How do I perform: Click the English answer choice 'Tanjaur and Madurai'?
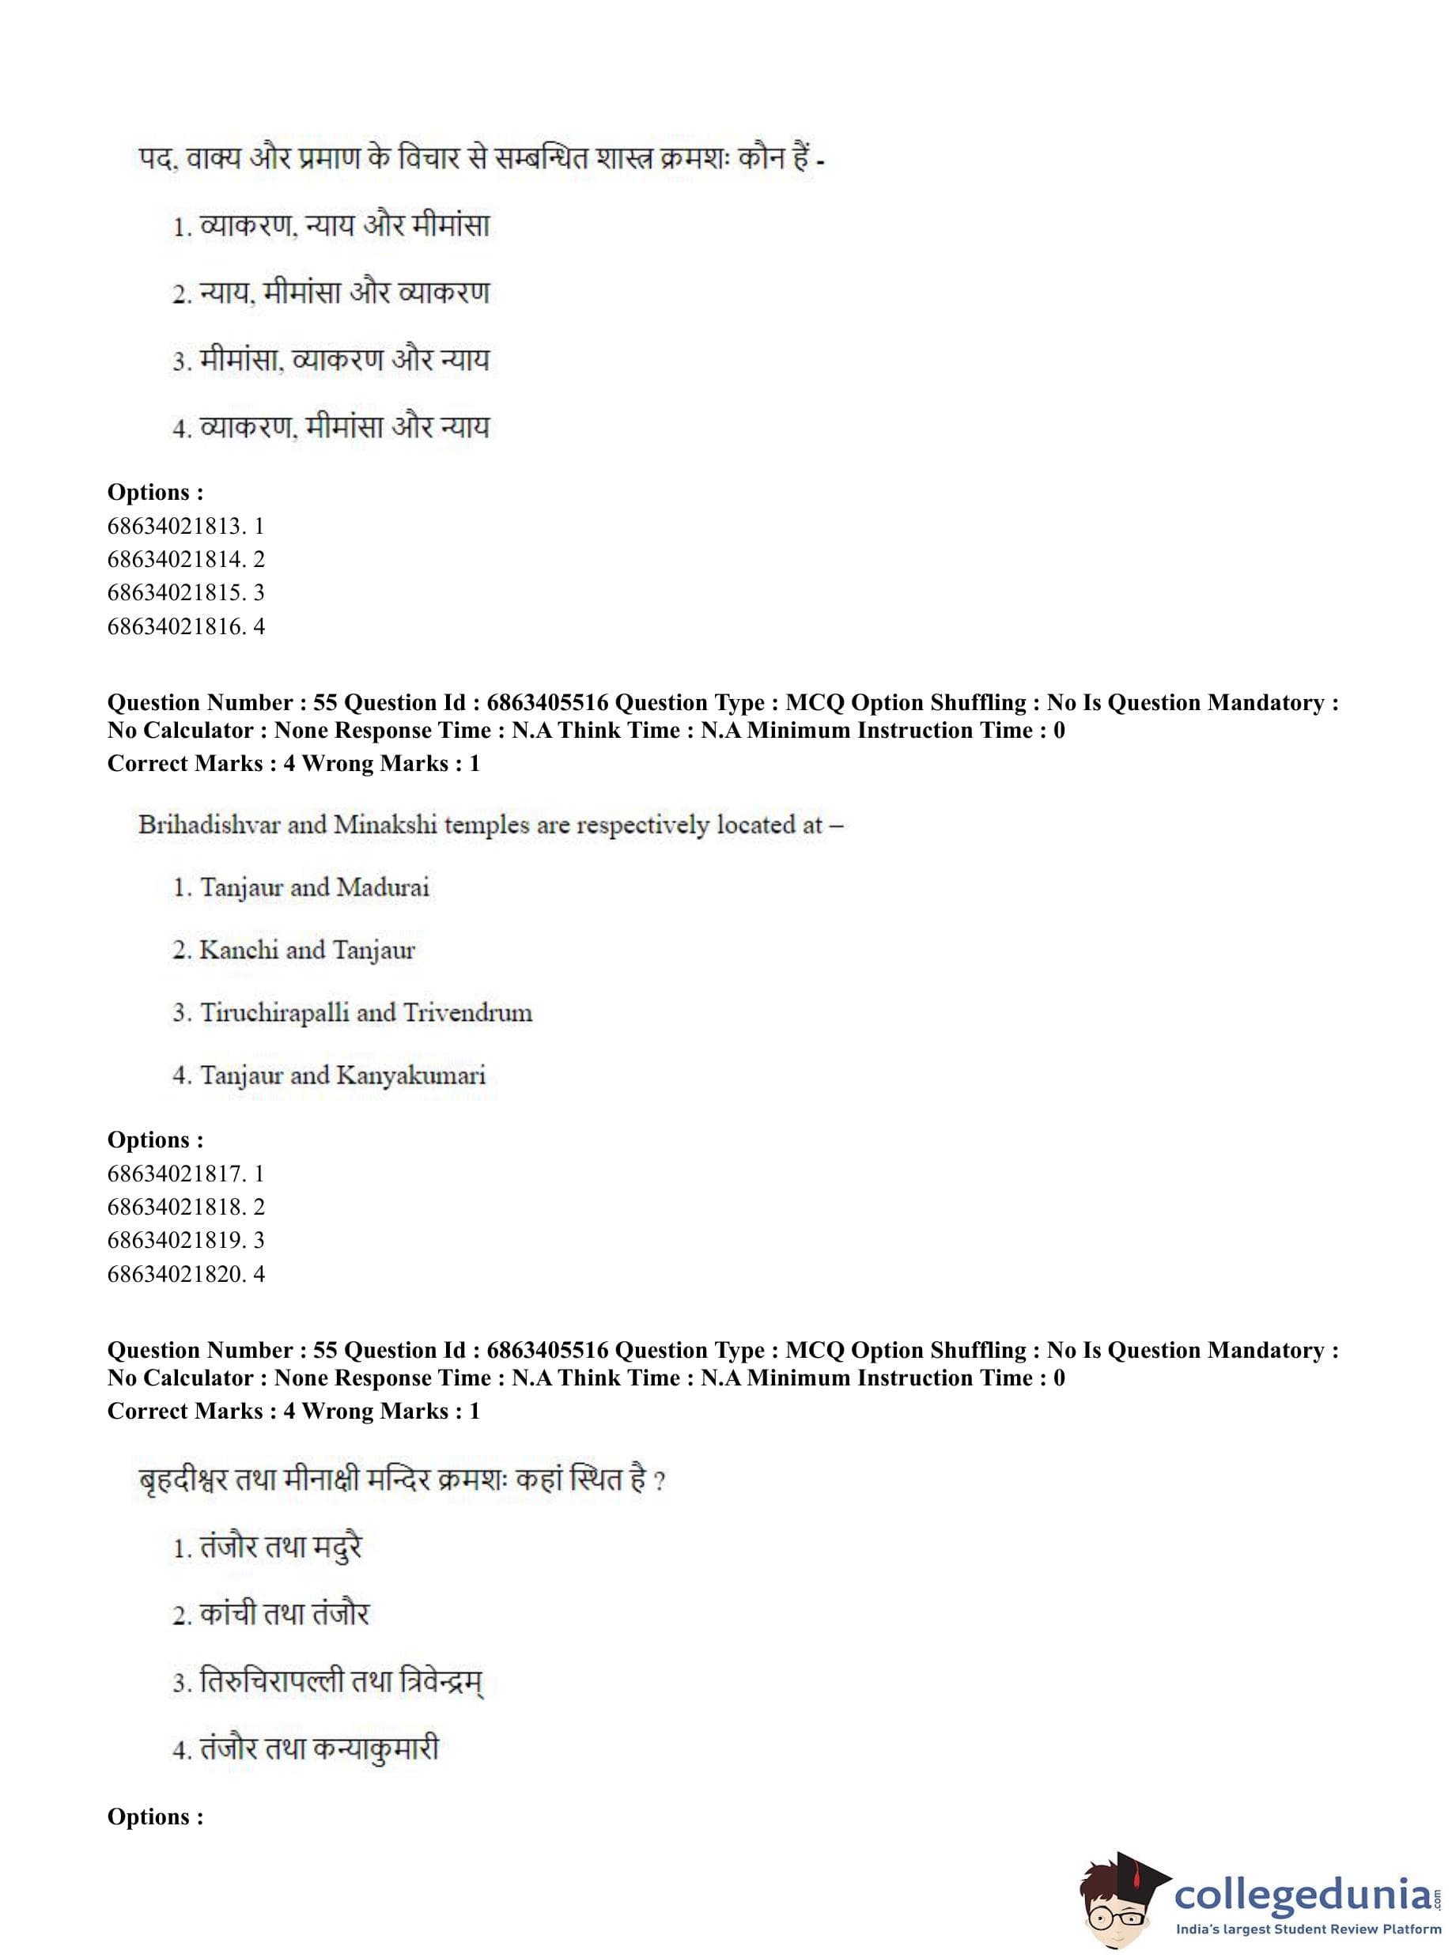coord(314,887)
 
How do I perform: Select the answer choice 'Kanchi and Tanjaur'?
coord(307,950)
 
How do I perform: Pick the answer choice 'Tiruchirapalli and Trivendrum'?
coord(365,1012)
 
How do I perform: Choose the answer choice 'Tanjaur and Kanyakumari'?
coord(342,1075)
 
